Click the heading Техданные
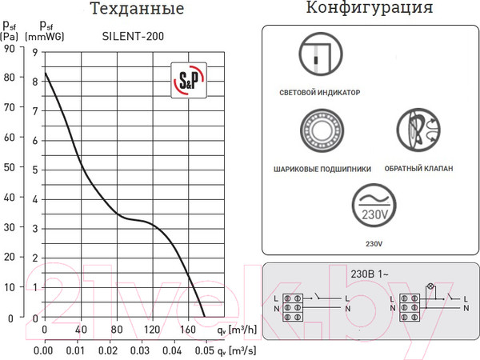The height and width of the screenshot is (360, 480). pos(137,10)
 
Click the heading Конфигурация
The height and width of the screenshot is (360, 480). pos(370,10)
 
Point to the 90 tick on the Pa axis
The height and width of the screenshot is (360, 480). pos(10,48)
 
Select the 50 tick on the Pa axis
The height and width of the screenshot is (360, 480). pos(10,168)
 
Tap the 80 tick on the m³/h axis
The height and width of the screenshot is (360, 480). pos(116,330)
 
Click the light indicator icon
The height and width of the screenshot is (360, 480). pos(319,55)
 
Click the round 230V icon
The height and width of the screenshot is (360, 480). pos(374,207)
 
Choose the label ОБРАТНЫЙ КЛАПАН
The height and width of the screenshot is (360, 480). pos(418,170)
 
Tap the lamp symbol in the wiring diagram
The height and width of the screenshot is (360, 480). pos(436,286)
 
